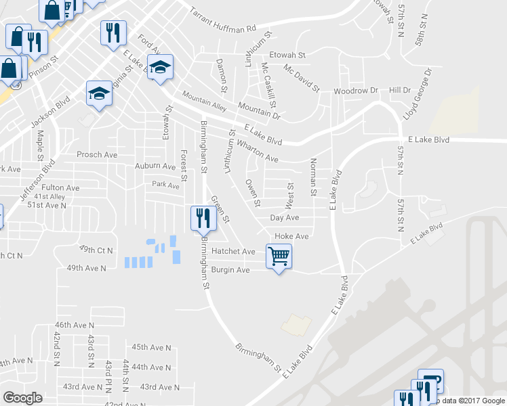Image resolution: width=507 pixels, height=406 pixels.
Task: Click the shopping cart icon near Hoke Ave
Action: [x=279, y=256]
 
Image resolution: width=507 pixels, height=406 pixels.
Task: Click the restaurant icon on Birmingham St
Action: [x=203, y=218]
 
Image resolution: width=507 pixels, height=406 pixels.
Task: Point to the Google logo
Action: [x=23, y=398]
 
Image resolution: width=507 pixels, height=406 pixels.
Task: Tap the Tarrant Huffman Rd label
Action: [x=222, y=20]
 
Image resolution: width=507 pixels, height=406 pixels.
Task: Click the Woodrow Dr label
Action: [x=355, y=90]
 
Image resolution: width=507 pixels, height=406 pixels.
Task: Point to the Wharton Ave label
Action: [x=257, y=151]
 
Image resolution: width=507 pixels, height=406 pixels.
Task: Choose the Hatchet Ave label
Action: [x=233, y=251]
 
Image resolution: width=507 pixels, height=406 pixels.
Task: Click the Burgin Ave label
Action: [x=230, y=270]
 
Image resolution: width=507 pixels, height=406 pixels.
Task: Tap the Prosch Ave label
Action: [x=97, y=154]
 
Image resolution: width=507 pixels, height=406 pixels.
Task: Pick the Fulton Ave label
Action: [x=60, y=187]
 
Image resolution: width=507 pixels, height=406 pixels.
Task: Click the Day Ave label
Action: [x=284, y=218]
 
